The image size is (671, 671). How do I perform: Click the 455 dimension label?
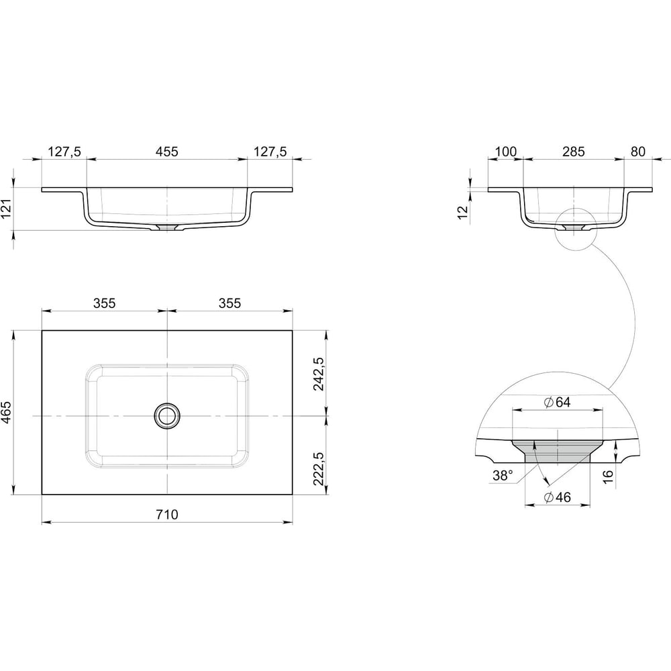pyautogui.click(x=167, y=152)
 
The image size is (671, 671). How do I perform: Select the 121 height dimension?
pyautogui.click(x=7, y=209)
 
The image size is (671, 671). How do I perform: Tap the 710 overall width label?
pyautogui.click(x=167, y=514)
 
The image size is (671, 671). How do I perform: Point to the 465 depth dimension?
pyautogui.click(x=7, y=413)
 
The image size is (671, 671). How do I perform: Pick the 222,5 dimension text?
pyautogui.click(x=319, y=468)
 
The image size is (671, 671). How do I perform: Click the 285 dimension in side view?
pyautogui.click(x=574, y=152)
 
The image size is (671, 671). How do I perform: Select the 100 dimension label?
pyautogui.click(x=506, y=152)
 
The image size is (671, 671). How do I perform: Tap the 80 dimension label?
pyautogui.click(x=637, y=152)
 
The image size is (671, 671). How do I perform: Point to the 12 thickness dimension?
pyautogui.click(x=464, y=212)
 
